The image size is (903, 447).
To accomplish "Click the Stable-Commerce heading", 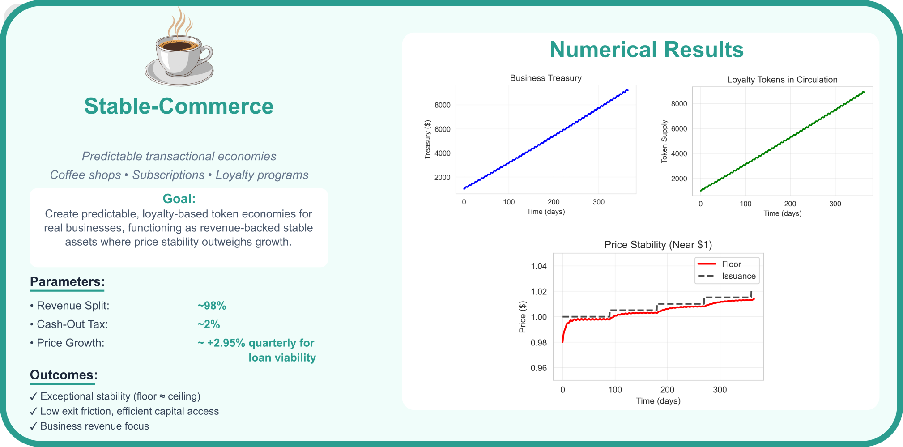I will click(x=179, y=106).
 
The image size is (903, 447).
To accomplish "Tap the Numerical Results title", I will click(x=646, y=50).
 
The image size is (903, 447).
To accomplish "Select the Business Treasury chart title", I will click(x=545, y=78).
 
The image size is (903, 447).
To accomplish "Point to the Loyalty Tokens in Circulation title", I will click(x=782, y=80).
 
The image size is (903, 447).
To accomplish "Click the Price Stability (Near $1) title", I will click(x=658, y=245).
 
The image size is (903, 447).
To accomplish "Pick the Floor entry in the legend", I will click(x=731, y=264).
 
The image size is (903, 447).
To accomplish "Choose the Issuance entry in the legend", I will click(x=738, y=276).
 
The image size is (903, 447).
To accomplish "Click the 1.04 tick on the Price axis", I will click(x=538, y=266).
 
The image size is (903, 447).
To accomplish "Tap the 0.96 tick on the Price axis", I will click(x=538, y=368).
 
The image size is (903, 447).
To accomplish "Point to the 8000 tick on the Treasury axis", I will click(x=442, y=105).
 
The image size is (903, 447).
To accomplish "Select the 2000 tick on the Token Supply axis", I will click(x=679, y=179).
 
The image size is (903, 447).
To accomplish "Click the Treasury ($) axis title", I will click(x=427, y=140).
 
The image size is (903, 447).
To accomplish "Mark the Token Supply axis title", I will click(x=664, y=141).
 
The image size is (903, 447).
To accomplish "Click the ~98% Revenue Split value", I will click(x=212, y=306).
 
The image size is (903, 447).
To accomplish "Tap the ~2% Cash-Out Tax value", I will click(x=209, y=324).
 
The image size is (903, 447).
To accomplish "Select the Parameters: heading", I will click(x=67, y=282).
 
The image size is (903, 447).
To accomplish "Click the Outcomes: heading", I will click(x=64, y=375).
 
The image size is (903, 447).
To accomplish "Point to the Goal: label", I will click(x=179, y=199).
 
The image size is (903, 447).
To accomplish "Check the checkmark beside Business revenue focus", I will click(x=34, y=426).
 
